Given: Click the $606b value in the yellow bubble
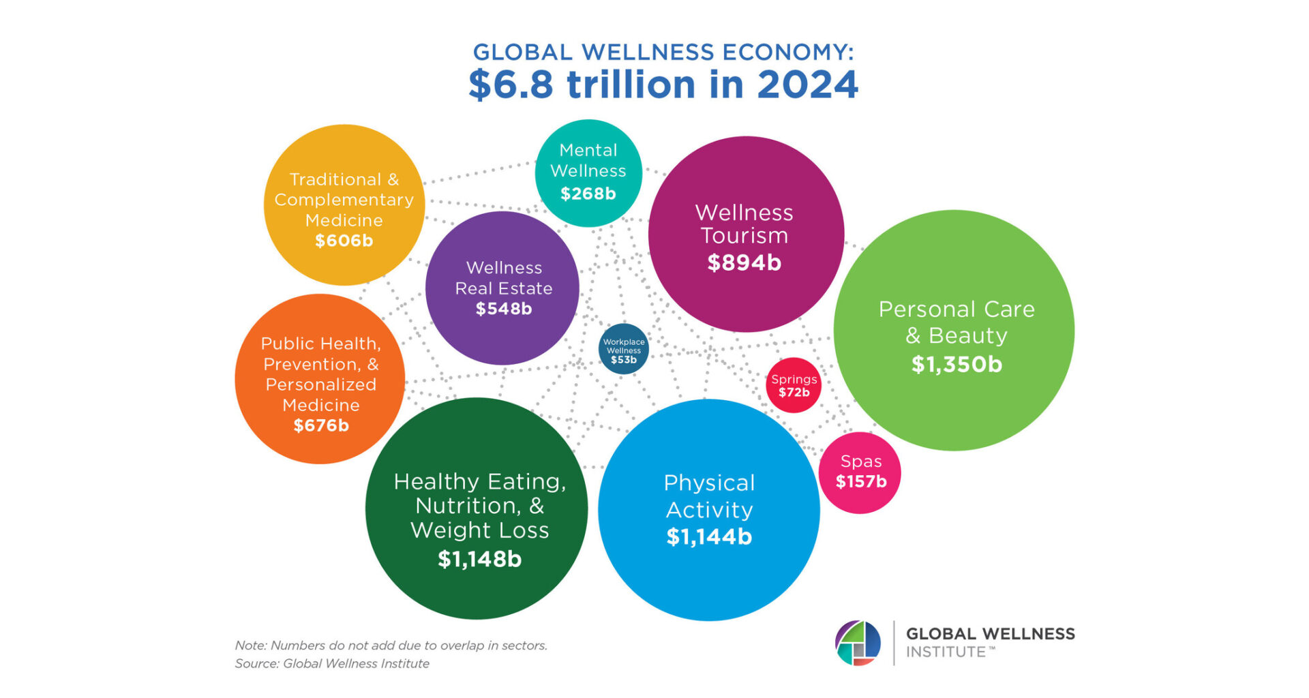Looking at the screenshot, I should click(x=344, y=241).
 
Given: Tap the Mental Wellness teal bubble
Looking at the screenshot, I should click(x=588, y=172).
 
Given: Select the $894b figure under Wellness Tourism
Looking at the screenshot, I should click(x=744, y=262).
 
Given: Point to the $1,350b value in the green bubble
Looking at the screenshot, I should click(x=957, y=365).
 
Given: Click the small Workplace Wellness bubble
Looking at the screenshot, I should click(x=624, y=349).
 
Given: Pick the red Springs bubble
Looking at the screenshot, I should click(x=794, y=385).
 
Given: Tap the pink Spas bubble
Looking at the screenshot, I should click(x=860, y=472).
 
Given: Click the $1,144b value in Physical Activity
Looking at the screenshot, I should click(x=709, y=537).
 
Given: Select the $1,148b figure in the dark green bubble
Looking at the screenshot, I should click(x=479, y=560).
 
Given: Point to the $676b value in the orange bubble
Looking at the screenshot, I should click(x=321, y=426).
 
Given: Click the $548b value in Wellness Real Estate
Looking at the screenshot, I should click(x=504, y=309).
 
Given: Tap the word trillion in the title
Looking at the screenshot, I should click(x=631, y=85).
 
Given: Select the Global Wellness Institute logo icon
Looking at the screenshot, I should click(x=858, y=643).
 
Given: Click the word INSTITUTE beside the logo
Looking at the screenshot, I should click(x=946, y=652).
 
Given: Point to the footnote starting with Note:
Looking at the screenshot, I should click(x=391, y=645).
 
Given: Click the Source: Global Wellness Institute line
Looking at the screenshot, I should click(x=332, y=663).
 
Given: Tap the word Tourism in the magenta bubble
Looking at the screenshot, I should click(x=744, y=236).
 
